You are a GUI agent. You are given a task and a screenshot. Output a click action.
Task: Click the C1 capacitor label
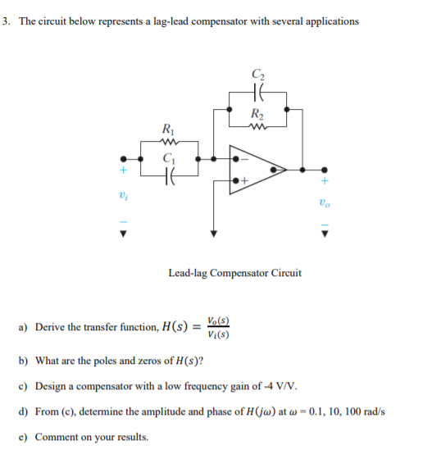click(x=168, y=158)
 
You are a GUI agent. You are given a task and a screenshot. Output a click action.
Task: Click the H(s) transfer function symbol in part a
click(x=174, y=327)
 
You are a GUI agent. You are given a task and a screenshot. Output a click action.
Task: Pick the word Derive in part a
click(x=47, y=328)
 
